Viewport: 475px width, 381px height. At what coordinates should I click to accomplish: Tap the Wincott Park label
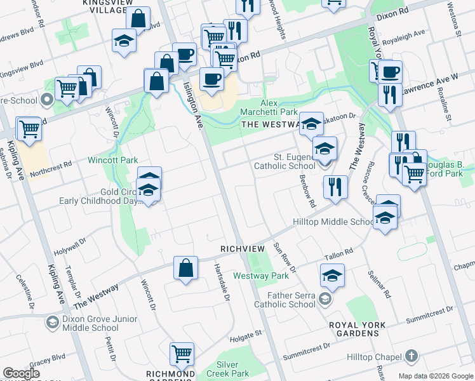coord(112,161)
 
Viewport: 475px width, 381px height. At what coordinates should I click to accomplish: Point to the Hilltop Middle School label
coord(333,222)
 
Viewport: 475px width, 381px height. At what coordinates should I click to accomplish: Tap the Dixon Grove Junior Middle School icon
coord(51,323)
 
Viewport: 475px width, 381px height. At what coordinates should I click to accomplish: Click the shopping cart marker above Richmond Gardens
coord(182,354)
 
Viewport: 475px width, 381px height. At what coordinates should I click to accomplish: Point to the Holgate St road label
coord(246,332)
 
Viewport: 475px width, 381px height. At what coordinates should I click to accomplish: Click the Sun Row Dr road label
coord(284,257)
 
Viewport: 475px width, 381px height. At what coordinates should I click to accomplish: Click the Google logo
coord(21,373)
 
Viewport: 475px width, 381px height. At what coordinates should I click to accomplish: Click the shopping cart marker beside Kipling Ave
coord(29,128)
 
